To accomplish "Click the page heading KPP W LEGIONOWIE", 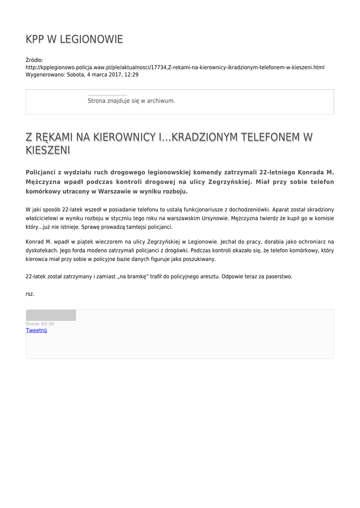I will [x=74, y=39].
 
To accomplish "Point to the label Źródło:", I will [x=34, y=60].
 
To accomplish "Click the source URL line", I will [x=175, y=67].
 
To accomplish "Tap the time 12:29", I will [x=132, y=74].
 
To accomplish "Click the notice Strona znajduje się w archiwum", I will [x=131, y=101].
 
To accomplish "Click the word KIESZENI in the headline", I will [x=48, y=150].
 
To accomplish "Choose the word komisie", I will [x=322, y=218].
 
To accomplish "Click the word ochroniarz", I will [x=309, y=242].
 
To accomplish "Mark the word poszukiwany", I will [x=200, y=259].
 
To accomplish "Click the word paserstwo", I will [x=280, y=276].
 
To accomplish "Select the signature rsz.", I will [x=30, y=294].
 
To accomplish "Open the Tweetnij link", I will [x=36, y=330].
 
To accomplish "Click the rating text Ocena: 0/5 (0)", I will [x=40, y=323].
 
